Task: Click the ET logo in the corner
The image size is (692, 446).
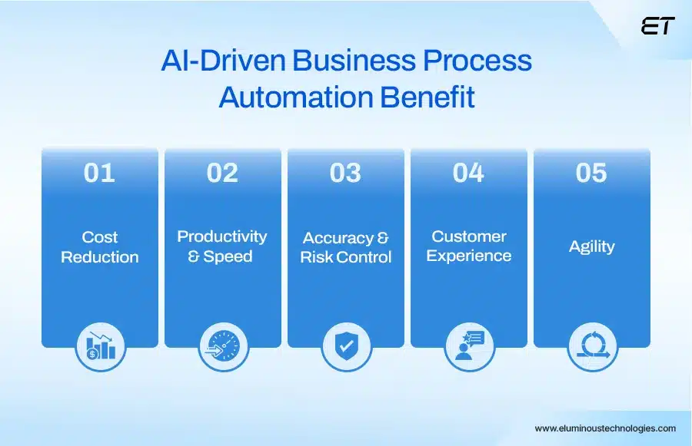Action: pos(657,26)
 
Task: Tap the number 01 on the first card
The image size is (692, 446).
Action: pos(99,173)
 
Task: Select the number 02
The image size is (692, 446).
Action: pos(222,173)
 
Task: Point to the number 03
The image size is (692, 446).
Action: pos(345,173)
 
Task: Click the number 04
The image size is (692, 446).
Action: pos(468,173)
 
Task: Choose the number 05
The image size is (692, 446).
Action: pos(591,173)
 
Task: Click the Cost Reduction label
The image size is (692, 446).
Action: pos(100,247)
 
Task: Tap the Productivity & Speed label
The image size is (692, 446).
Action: pos(222,246)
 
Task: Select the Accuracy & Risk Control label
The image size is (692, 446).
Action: pos(345,247)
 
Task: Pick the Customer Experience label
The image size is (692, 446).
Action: pos(468,246)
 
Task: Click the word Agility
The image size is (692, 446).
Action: pos(591,246)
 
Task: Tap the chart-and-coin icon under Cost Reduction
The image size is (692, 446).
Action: pos(100,347)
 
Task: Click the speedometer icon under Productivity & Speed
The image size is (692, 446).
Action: pos(223,347)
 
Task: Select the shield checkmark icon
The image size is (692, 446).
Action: pos(346,347)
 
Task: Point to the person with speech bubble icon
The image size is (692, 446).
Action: pos(469,347)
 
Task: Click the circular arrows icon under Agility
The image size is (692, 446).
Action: pos(592,347)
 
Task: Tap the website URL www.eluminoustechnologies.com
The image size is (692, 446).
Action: pos(605,428)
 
